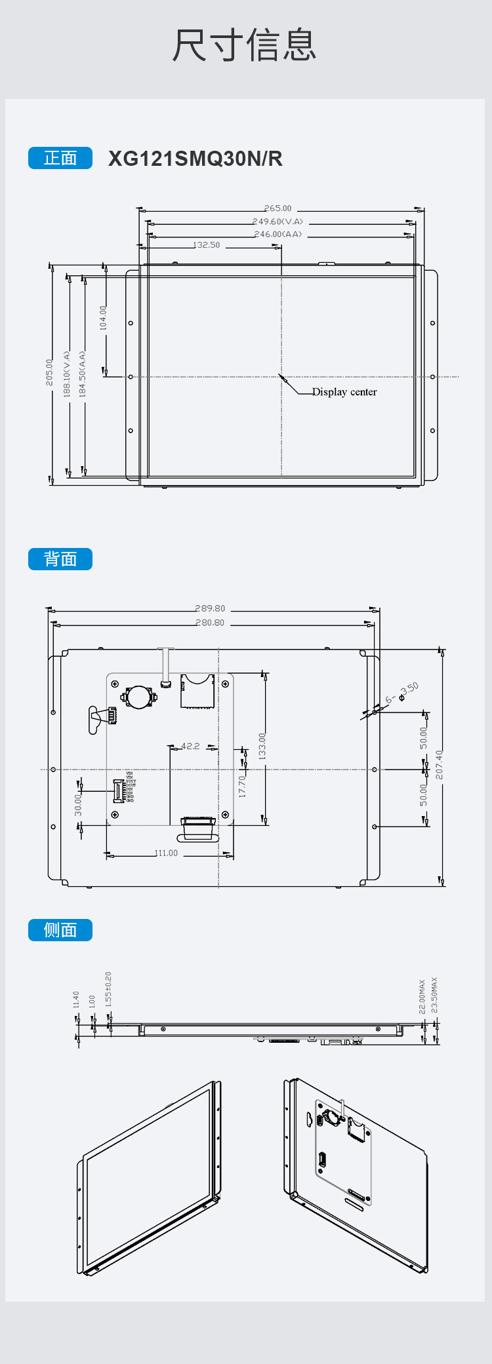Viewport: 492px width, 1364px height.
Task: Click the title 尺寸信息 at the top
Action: pos(244,45)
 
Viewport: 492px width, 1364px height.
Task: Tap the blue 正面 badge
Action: pos(60,158)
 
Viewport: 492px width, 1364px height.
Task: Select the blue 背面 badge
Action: pos(60,559)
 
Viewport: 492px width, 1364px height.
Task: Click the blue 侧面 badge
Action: pos(60,930)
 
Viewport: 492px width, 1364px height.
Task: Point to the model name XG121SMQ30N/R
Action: pos(195,159)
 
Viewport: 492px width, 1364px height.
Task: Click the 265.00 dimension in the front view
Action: pos(278,208)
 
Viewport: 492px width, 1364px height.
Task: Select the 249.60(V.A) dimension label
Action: pos(277,222)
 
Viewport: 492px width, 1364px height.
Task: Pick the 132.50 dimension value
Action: pos(207,245)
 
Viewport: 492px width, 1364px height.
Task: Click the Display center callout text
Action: pos(344,392)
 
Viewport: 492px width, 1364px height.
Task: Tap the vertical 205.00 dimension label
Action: pos(50,372)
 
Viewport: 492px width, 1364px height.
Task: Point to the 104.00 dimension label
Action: pos(103,318)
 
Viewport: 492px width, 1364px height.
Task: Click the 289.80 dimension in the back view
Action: pos(210,608)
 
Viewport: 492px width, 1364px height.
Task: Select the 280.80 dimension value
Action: pos(210,623)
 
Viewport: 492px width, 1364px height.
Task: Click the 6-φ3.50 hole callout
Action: pos(402,693)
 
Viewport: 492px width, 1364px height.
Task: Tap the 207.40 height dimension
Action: pos(439,765)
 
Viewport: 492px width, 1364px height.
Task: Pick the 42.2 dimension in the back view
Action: pos(190,746)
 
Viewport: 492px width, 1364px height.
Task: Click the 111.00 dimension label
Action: pos(167,853)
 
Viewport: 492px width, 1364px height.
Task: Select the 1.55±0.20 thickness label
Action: pos(108,989)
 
